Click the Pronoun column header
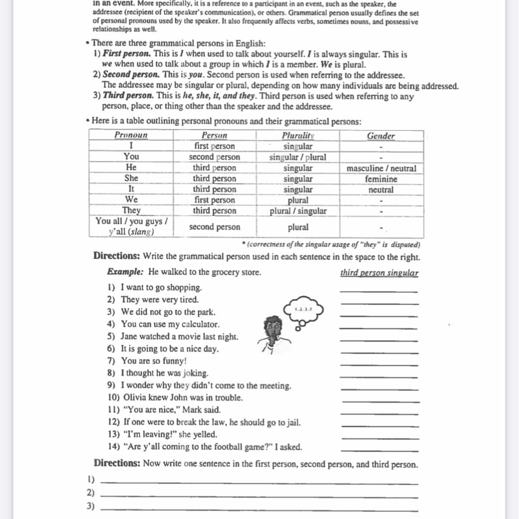131,135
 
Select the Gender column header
381,136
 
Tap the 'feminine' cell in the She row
381,179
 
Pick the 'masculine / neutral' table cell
381,168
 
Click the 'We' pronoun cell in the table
131,199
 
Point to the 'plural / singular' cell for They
298,211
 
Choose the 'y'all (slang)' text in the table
131,231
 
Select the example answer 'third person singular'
379,272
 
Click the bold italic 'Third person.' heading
128,96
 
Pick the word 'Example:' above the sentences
125,272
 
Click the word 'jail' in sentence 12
291,422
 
